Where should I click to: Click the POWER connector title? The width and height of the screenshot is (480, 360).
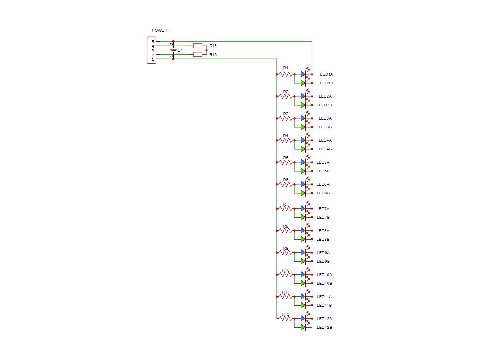160,30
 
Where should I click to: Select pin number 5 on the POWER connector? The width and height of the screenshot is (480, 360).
153,42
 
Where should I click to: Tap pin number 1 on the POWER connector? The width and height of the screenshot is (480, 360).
153,59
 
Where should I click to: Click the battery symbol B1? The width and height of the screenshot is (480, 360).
173,50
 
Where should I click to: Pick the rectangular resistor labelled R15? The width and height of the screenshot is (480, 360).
198,46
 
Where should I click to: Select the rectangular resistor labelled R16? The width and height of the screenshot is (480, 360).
198,54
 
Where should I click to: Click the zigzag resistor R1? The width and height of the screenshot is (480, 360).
285,74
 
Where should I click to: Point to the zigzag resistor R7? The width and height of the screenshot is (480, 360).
285,208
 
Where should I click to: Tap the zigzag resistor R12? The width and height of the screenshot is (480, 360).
285,318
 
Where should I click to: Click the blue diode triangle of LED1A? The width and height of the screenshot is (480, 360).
303,74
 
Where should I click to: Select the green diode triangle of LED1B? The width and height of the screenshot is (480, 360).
303,83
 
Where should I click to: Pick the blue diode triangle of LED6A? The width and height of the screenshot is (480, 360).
303,184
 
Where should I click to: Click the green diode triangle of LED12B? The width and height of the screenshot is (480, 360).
303,327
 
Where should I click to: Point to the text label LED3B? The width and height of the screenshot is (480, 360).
325,127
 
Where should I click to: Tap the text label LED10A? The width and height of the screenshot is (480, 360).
324,275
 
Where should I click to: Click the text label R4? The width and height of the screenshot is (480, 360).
286,136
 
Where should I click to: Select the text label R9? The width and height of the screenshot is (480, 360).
286,248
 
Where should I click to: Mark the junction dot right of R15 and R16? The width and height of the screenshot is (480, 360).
206,50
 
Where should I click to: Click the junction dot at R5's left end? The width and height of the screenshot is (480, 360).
276,162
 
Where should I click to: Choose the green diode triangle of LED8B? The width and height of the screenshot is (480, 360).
303,239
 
